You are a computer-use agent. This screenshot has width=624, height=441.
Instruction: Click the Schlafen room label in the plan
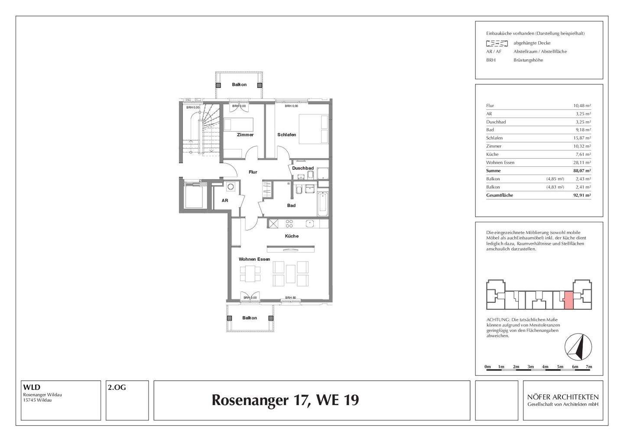(x=286, y=135)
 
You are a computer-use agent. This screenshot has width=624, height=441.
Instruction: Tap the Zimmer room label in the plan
(x=245, y=135)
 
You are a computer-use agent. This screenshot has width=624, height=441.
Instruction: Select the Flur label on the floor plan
(x=253, y=172)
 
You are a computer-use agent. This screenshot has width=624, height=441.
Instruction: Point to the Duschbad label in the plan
(x=302, y=168)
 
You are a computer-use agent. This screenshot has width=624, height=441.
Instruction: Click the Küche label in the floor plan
(x=292, y=236)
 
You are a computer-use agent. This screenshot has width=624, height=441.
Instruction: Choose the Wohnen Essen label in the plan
(x=254, y=259)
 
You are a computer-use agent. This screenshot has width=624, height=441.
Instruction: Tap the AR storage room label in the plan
(x=225, y=201)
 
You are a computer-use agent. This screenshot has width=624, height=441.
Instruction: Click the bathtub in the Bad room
(x=323, y=204)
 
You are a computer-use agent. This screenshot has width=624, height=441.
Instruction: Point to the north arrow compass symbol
(x=578, y=347)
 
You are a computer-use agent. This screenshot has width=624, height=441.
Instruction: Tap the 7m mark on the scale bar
(x=588, y=367)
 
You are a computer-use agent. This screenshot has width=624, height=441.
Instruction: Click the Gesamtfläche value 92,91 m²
(x=582, y=195)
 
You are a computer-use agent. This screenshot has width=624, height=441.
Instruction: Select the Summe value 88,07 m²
(x=582, y=171)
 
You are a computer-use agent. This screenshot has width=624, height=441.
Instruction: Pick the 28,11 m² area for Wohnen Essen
(x=582, y=162)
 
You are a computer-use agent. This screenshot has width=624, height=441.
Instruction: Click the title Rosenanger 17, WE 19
(x=285, y=400)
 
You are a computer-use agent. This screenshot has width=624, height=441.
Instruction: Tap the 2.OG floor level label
(x=117, y=388)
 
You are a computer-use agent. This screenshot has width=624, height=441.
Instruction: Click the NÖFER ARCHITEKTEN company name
(x=562, y=397)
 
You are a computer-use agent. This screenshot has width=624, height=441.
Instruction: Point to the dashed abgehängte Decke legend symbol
(x=497, y=43)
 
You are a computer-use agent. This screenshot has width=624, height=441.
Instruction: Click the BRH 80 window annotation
(x=290, y=298)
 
